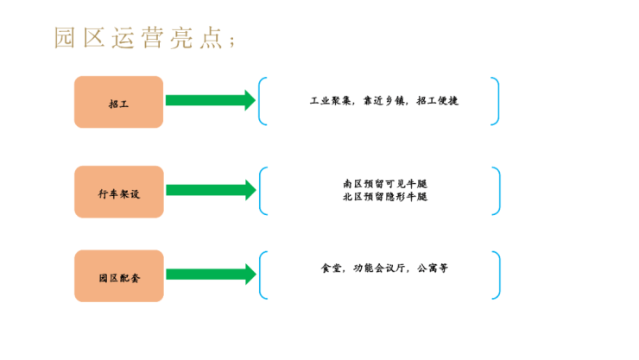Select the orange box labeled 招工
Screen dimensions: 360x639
tap(118, 102)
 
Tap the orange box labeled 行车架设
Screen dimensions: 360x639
tap(118, 192)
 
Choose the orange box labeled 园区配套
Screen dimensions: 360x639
tap(118, 276)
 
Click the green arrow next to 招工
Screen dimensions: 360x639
tap(210, 100)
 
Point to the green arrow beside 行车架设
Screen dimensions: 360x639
tap(210, 190)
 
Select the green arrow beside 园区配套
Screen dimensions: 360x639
tap(210, 275)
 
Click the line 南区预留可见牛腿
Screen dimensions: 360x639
tap(385, 184)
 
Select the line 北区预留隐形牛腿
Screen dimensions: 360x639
tap(385, 197)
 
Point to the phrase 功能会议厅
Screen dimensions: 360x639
tap(377, 268)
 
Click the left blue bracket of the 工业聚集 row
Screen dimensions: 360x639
tap(262, 101)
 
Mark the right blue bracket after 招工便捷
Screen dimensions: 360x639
tap(496, 101)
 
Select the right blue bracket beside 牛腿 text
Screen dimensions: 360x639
tap(497, 191)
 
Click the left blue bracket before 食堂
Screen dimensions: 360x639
tap(262, 275)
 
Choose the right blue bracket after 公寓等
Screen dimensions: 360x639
tap(497, 275)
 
